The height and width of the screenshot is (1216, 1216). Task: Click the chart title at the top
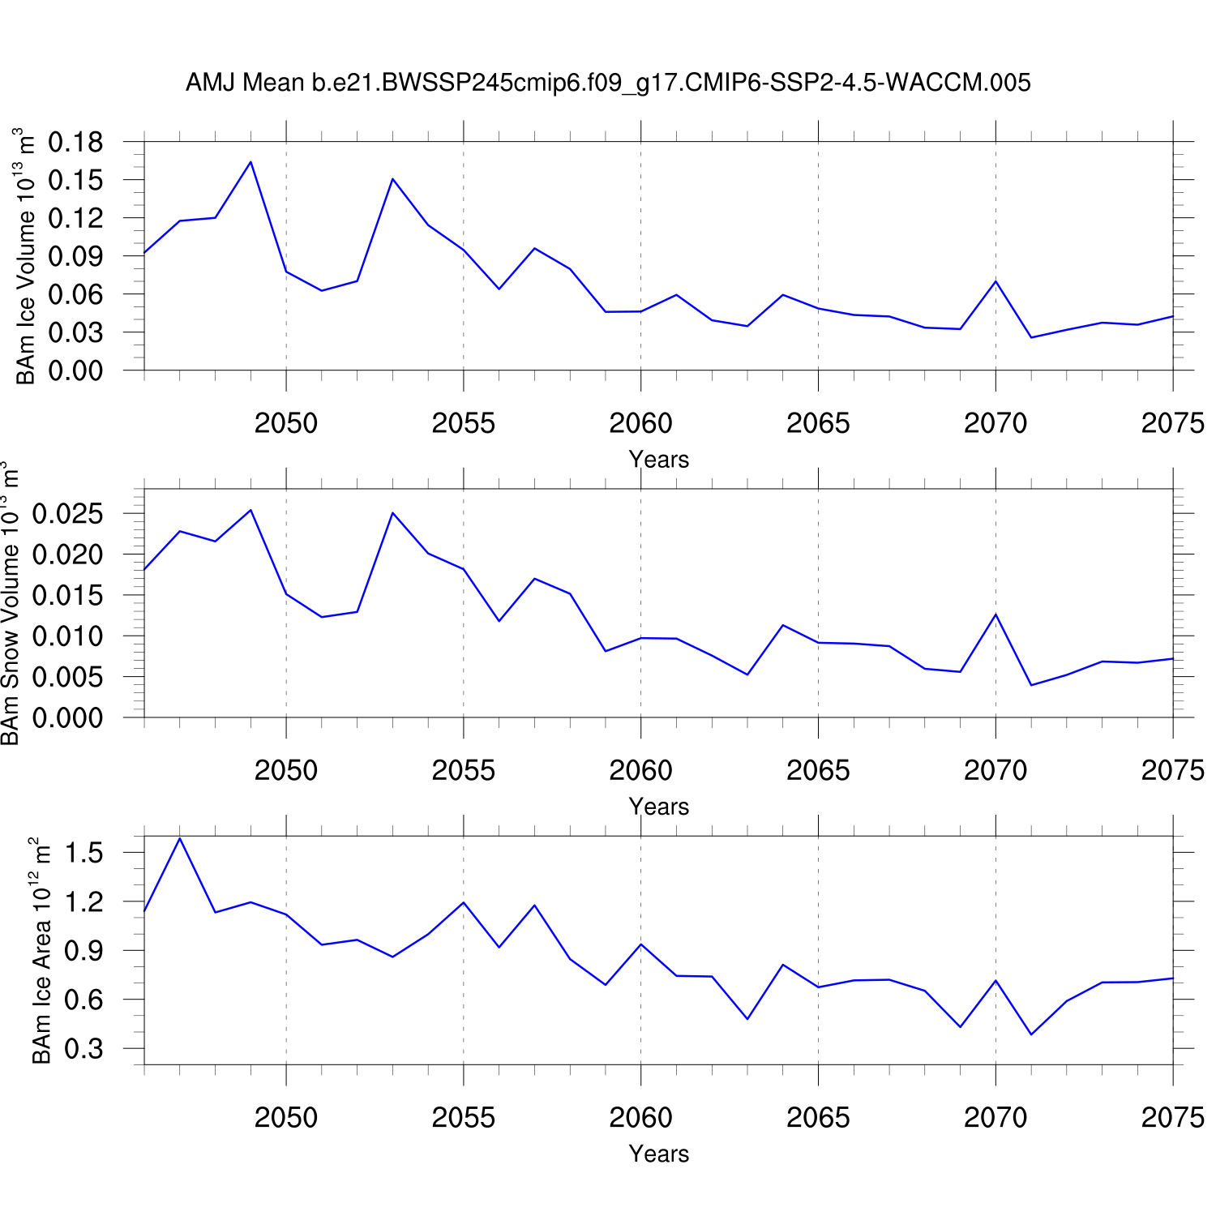click(x=608, y=83)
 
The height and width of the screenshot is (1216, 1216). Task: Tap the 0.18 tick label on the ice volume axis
click(x=76, y=143)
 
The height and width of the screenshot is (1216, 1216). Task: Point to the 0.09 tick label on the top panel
click(x=76, y=256)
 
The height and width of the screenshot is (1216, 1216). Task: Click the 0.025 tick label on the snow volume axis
click(x=68, y=514)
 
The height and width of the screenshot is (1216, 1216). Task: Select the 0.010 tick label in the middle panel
click(x=68, y=636)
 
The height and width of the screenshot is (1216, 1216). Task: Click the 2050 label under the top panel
click(x=286, y=423)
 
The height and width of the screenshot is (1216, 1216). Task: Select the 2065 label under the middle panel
click(x=818, y=770)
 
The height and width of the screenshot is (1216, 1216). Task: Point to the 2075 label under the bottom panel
click(x=1172, y=1118)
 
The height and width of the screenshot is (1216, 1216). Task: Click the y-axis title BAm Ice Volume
click(x=26, y=256)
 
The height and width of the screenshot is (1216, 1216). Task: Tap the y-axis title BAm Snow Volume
click(x=10, y=603)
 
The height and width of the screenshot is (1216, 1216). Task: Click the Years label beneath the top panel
click(x=658, y=460)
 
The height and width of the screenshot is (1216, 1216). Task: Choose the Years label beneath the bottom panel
click(x=658, y=1154)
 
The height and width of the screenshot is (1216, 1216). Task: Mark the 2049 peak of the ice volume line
click(x=250, y=162)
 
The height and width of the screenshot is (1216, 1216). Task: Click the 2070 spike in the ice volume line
click(x=995, y=281)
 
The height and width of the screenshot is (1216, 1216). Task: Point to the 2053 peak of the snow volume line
click(x=392, y=512)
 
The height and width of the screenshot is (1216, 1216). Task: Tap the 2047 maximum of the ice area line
click(x=180, y=838)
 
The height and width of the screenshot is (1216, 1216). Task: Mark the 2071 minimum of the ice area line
click(x=1031, y=1034)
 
